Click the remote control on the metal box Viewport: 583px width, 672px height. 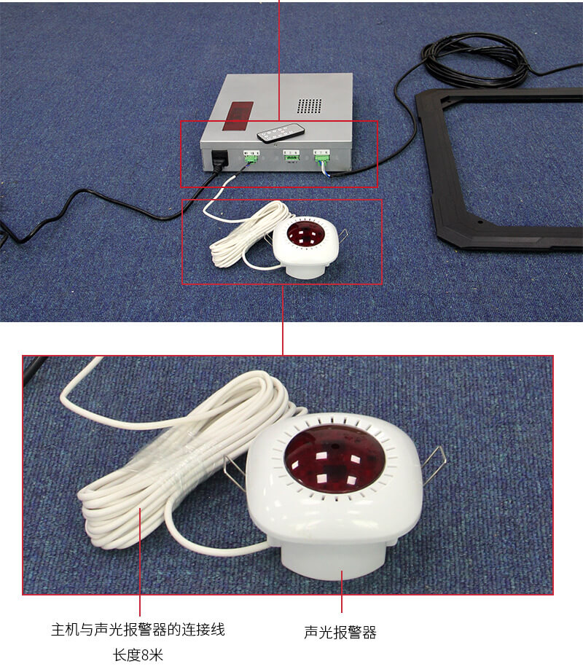click(x=281, y=133)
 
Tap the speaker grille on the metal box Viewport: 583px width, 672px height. click(x=309, y=106)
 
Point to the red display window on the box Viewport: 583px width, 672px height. click(x=238, y=116)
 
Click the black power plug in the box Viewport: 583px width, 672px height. click(x=219, y=160)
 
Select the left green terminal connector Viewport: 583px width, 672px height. click(x=251, y=157)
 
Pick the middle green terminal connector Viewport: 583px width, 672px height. click(x=291, y=155)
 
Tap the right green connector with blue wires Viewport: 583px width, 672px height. click(x=321, y=157)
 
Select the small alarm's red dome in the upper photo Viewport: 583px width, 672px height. click(x=305, y=235)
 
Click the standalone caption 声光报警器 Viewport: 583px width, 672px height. click(x=340, y=632)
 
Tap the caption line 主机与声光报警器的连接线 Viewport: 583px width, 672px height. click(x=138, y=630)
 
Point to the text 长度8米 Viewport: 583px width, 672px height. click(x=138, y=655)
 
